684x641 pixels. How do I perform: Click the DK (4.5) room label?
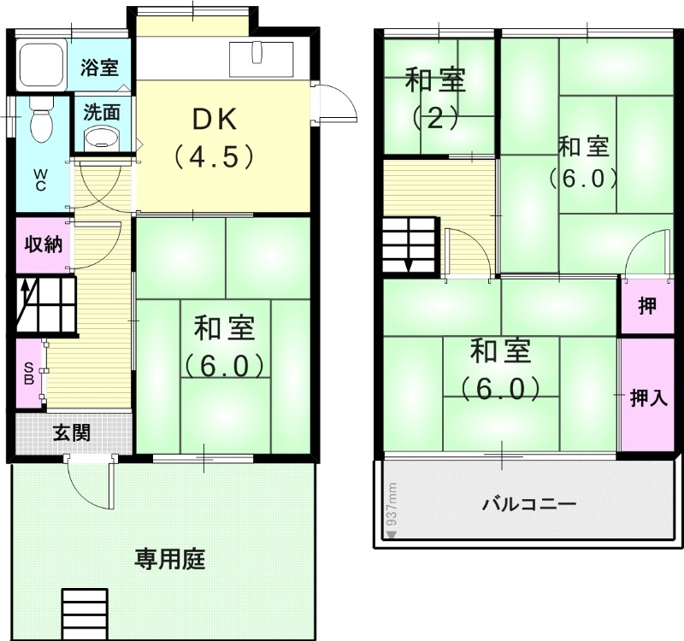[x=213, y=138]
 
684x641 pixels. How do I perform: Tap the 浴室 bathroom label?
[x=99, y=68]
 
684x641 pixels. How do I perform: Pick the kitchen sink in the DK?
[x=260, y=56]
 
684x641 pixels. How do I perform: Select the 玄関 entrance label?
[x=72, y=433]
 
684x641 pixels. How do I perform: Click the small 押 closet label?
[x=647, y=305]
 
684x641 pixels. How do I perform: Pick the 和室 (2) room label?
[x=436, y=98]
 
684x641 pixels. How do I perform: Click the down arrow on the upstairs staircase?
[x=409, y=262]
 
